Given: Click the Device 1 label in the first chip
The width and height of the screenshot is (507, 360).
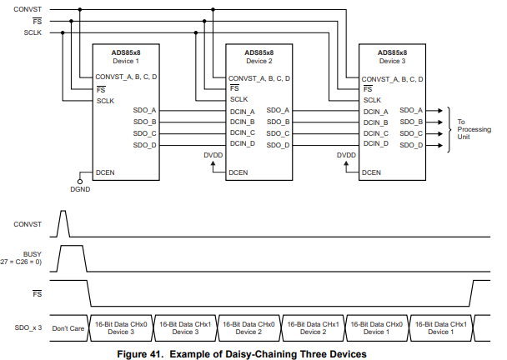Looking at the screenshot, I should coord(126,61).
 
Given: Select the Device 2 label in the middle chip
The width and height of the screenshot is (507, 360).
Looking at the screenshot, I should coord(259,61).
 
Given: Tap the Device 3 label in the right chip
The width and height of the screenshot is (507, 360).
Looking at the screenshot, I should coord(393,61).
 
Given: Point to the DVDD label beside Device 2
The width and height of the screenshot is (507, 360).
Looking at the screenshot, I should coord(213,155).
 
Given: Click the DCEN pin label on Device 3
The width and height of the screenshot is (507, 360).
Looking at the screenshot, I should coord(373,172).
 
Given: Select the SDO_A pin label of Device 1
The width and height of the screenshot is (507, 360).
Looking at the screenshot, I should coord(145,110).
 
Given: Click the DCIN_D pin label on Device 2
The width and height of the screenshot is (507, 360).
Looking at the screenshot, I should coord(243,144).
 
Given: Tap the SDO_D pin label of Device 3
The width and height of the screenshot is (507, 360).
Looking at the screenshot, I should coord(411,145).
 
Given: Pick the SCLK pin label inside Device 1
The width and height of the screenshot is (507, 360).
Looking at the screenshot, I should coord(105,100).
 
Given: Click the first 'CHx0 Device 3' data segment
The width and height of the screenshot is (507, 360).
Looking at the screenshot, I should coord(122,327).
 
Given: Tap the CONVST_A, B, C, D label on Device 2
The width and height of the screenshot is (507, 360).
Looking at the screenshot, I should coord(260,78).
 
